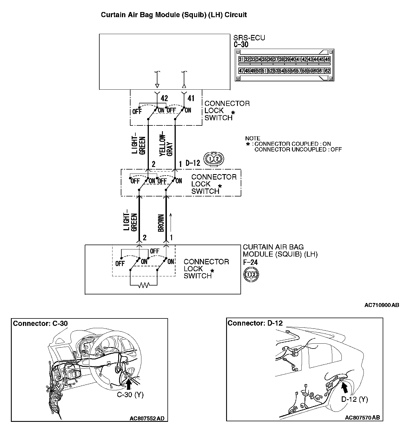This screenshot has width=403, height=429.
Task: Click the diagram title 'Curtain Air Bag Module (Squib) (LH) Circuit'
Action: click(174, 15)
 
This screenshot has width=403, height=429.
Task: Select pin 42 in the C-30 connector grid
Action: click(305, 60)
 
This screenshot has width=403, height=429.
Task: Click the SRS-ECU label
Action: click(249, 38)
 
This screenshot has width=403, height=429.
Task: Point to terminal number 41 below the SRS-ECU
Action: click(191, 99)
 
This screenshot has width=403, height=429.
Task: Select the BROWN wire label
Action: click(161, 223)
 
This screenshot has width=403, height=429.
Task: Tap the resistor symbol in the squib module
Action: click(143, 285)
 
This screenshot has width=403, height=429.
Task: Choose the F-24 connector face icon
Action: click(251, 275)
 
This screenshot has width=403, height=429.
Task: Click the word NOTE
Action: click(253, 138)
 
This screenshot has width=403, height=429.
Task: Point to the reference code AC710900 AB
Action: click(381, 305)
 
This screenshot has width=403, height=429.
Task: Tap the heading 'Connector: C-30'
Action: click(40, 323)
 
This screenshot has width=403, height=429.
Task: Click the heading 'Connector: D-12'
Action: click(255, 323)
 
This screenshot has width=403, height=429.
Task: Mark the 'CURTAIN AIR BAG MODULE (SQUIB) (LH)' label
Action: click(280, 251)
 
